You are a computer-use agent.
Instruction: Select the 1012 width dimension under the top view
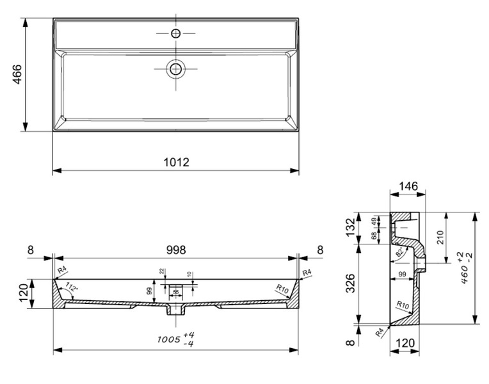[x=175, y=162]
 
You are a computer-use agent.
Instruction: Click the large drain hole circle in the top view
[x=175, y=68]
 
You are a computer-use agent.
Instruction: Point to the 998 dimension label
[x=175, y=250]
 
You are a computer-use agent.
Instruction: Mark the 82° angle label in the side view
[x=400, y=252]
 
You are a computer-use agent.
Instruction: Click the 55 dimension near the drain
[x=176, y=292]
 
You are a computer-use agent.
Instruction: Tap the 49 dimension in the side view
[x=373, y=221]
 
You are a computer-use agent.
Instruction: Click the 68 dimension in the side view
[x=373, y=236]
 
